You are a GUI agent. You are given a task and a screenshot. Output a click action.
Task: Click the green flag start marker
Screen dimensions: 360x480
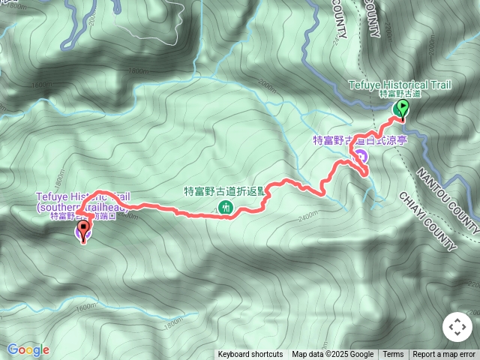(402, 109)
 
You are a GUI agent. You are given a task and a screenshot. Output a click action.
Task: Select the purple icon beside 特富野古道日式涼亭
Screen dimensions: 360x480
(361, 157)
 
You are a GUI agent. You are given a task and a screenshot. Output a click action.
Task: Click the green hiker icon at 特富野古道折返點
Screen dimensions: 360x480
(223, 207)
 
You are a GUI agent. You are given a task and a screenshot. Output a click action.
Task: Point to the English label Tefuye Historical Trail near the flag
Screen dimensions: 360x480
(400, 85)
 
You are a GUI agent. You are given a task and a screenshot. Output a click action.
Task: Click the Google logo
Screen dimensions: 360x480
(28, 349)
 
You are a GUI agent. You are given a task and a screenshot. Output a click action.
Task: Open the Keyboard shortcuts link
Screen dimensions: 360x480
(250, 355)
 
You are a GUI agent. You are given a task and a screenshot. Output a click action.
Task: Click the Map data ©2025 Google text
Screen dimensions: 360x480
(332, 355)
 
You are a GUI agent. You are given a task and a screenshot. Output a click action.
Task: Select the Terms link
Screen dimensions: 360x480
(393, 355)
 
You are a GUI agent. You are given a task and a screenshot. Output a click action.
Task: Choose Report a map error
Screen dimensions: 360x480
(444, 355)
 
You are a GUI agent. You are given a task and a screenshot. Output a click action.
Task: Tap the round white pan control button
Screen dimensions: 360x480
(456, 327)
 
